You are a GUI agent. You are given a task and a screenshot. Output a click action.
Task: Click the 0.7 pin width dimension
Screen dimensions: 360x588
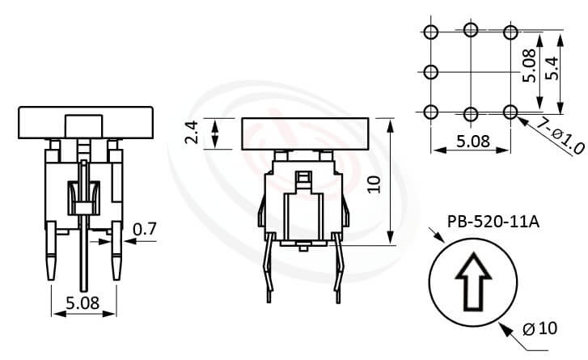146,229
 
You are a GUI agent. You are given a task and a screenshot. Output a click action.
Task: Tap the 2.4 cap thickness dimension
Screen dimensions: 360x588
192,133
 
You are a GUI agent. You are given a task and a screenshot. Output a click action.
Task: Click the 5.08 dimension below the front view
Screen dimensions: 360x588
82,304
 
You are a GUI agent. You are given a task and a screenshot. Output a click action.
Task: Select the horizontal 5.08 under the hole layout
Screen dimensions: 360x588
471,141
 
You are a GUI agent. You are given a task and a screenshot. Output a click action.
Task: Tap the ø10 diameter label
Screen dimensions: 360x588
540,328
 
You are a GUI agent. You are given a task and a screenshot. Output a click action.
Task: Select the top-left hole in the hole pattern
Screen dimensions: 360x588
430,32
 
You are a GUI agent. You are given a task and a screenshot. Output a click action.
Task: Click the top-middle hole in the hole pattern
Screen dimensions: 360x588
471,32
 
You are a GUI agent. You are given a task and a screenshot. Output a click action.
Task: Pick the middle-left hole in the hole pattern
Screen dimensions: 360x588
430,71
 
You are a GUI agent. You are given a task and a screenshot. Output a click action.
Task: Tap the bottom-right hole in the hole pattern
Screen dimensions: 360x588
510,111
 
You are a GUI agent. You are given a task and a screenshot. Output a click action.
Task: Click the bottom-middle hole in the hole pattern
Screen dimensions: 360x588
471,111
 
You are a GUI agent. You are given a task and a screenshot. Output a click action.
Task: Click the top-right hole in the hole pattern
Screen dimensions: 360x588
510,32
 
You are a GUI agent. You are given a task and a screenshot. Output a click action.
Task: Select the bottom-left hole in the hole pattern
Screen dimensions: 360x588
430,111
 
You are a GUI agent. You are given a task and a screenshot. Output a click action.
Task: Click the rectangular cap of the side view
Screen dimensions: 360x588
305,133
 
